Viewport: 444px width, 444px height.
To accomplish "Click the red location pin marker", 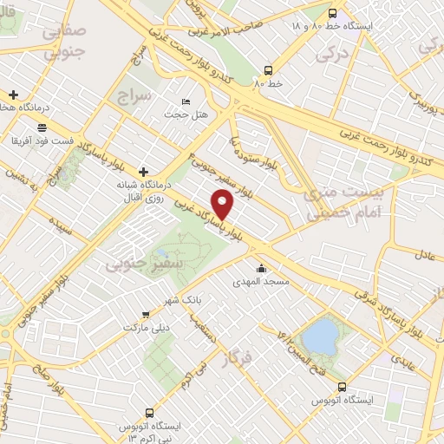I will coord(224,204).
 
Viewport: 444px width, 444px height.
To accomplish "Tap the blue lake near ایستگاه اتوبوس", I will coord(322,336).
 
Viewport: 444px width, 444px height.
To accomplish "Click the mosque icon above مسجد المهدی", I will coord(261,268).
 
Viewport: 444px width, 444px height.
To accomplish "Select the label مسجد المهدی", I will coord(259,282).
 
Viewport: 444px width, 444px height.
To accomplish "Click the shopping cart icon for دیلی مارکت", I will coord(146,316).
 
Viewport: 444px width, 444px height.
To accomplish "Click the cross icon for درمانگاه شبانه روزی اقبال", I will coord(144,173).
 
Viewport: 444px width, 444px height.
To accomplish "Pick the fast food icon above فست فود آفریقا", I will coord(42,126).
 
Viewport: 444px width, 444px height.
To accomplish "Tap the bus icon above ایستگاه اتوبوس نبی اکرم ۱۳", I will coord(149,413).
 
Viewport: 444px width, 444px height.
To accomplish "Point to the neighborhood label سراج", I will coord(135,93).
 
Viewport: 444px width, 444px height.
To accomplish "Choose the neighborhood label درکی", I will coord(331,54).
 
